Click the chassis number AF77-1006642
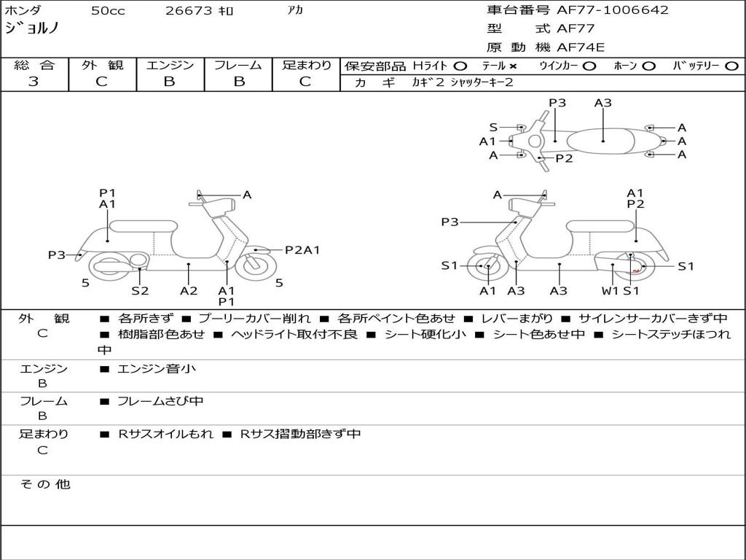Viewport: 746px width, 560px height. tap(612, 9)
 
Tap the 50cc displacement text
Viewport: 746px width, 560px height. tap(108, 10)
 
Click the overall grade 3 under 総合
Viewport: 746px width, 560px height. tap(34, 82)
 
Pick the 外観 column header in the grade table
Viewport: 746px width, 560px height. tap(102, 65)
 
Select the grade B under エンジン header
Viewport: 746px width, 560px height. tap(169, 82)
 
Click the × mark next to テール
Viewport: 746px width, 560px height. tap(513, 66)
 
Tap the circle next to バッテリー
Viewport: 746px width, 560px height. tap(731, 66)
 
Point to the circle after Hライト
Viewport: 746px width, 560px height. tap(460, 66)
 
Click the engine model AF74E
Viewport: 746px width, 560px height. tap(581, 47)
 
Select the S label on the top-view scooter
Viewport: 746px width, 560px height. tap(493, 127)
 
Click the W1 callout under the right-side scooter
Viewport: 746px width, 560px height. tap(610, 290)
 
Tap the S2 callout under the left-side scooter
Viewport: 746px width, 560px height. tap(140, 290)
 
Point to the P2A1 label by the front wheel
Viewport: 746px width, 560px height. tap(302, 250)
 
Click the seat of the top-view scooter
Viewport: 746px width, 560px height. tap(601, 141)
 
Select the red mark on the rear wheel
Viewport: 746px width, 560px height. tap(635, 271)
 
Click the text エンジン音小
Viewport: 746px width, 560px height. tap(157, 368)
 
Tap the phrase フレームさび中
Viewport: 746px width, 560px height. tap(160, 402)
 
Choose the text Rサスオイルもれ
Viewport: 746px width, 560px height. tap(165, 434)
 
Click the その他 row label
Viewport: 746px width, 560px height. tap(45, 484)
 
